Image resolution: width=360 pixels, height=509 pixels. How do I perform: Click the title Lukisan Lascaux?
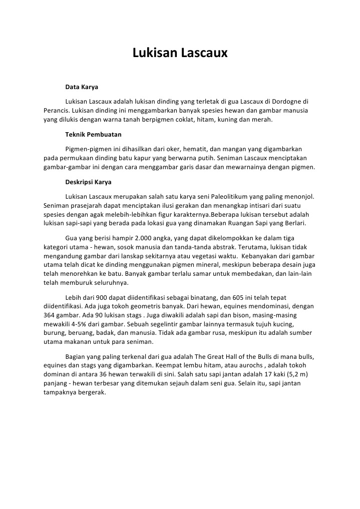click(x=180, y=53)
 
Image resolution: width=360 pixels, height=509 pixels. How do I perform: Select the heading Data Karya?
click(x=82, y=87)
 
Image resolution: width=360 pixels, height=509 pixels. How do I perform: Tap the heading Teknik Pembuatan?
click(x=93, y=135)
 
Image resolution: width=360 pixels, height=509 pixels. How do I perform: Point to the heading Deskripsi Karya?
click(x=88, y=182)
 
